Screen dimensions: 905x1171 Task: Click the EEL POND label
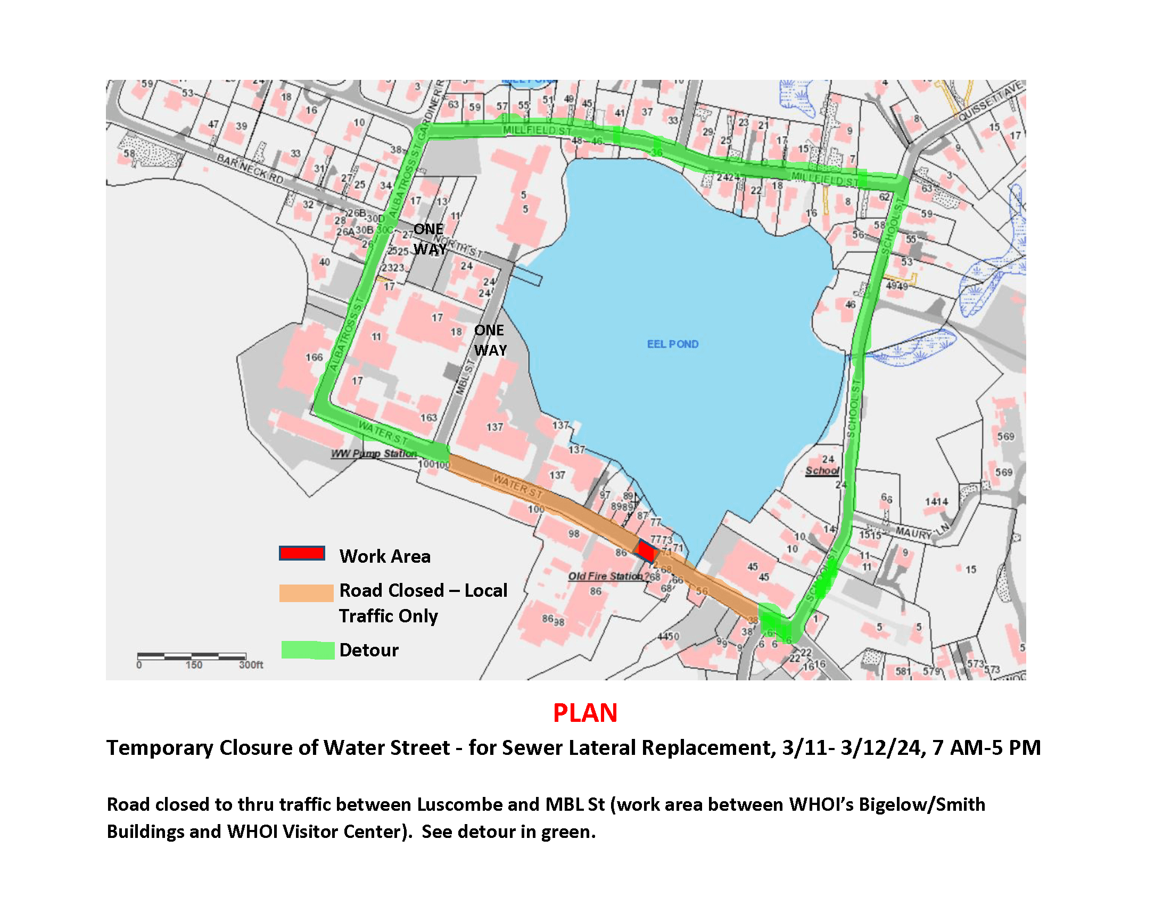[672, 344]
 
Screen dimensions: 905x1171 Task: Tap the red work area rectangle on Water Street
[646, 551]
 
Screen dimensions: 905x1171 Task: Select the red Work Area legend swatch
[302, 553]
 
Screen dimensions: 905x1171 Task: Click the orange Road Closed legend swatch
[306, 593]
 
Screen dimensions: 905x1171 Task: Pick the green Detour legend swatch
[308, 650]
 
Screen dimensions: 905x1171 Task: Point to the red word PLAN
[585, 713]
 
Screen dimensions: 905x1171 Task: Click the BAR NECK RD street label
[250, 168]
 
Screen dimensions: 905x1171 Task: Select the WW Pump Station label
[374, 454]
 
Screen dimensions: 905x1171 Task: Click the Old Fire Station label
[605, 577]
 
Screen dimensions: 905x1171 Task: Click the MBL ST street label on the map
[465, 377]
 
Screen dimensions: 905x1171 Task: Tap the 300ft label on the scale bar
[251, 665]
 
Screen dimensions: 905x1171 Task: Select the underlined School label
[822, 471]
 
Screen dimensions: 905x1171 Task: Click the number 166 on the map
[314, 357]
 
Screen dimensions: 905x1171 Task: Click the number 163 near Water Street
[428, 418]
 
